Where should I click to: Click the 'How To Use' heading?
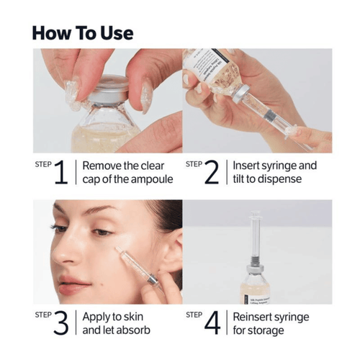coord(83,32)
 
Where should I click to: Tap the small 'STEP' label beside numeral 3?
coord(42,315)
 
